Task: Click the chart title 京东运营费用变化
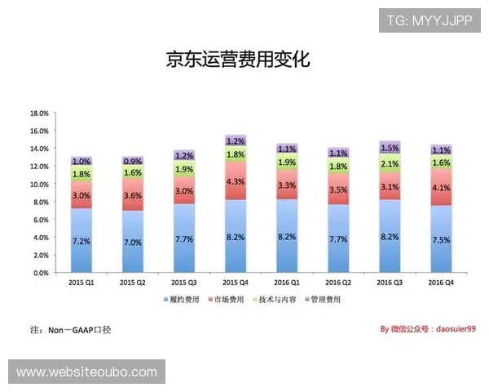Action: tap(239, 60)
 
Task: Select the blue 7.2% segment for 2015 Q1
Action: tap(81, 242)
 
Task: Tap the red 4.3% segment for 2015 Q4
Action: tap(235, 181)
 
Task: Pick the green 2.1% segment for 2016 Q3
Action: tap(390, 164)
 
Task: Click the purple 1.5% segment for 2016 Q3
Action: tap(390, 148)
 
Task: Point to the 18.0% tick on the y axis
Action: tap(40, 113)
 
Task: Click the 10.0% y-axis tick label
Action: tap(40, 185)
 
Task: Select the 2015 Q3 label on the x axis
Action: tap(183, 282)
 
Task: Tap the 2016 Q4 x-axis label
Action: tap(440, 282)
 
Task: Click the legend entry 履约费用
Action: tap(182, 300)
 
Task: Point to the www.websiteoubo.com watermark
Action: tap(87, 372)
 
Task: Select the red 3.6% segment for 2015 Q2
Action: tap(133, 196)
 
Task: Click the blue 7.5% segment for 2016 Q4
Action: tap(440, 240)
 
